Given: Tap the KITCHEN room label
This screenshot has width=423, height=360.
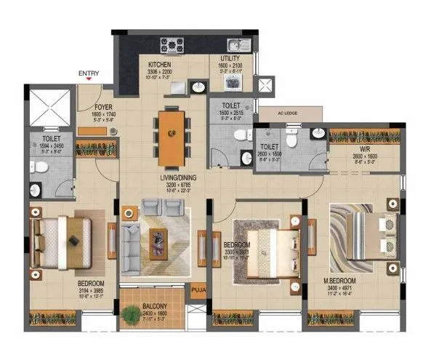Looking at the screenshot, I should click(x=161, y=64).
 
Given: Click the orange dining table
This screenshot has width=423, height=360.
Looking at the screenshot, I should click(x=172, y=132).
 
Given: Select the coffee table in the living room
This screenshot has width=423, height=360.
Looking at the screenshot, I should click(x=158, y=239).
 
